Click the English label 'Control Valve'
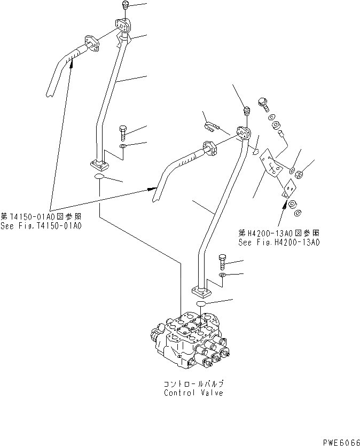[194, 393]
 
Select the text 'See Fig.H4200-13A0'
[279, 242]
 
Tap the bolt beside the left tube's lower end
[123, 131]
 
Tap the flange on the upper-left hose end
[92, 44]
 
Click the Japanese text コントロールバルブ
[194, 384]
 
